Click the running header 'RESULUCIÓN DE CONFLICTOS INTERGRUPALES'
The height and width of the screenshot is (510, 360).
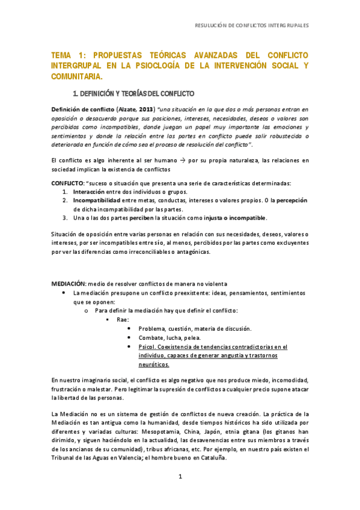click(252, 26)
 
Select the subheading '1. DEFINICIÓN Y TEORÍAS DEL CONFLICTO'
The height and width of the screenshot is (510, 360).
click(133, 94)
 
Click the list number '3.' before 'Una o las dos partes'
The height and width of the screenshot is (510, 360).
click(66, 217)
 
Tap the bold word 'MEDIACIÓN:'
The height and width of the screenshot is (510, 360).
click(69, 284)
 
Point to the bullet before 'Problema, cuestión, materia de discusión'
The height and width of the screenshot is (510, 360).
click(130, 328)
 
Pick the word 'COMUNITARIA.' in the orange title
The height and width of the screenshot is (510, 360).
click(77, 76)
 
